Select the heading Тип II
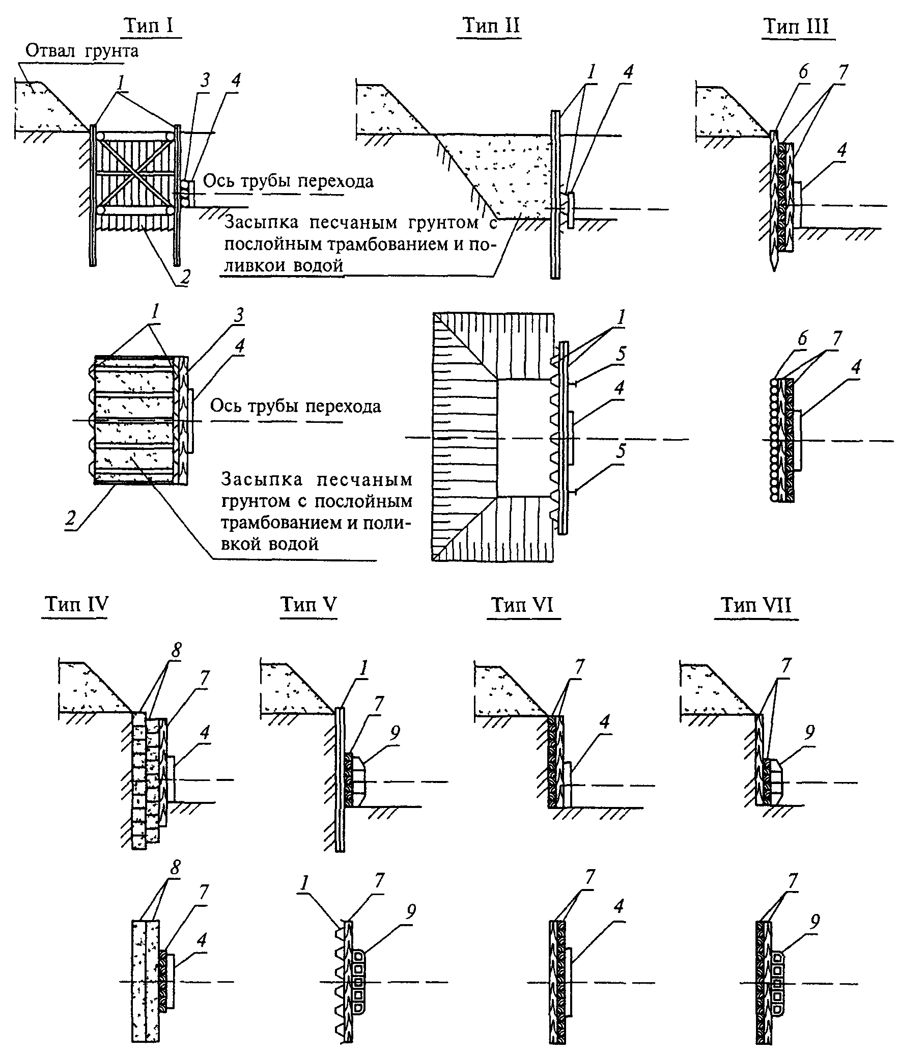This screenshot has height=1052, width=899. (491, 25)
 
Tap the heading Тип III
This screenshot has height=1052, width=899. (797, 26)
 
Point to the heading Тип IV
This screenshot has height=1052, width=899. (76, 604)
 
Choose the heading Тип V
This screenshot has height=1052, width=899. (308, 604)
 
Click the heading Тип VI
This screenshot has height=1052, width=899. (523, 605)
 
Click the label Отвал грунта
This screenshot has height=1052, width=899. (82, 51)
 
